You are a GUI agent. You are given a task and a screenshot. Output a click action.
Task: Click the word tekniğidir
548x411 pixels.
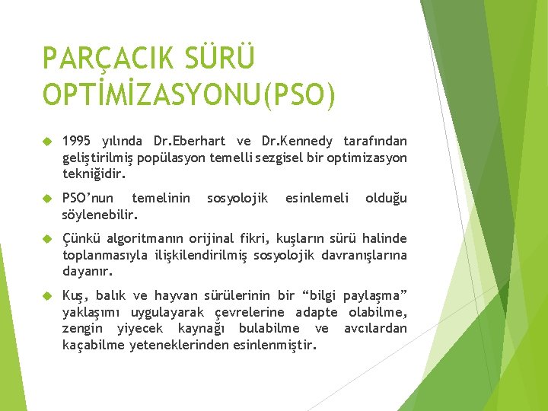pos(94,174)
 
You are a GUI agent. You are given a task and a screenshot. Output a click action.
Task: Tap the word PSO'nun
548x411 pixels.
pos(88,199)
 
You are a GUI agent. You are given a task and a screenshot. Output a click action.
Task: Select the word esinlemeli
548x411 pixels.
pos(317,199)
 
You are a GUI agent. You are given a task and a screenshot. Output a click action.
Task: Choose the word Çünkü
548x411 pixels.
pos(79,239)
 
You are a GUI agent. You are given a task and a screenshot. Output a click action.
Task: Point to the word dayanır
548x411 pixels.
pos(87,271)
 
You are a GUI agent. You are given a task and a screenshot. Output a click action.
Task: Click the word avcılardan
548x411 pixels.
pos(375,329)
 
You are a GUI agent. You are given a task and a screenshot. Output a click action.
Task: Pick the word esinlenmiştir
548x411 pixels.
pos(276,345)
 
